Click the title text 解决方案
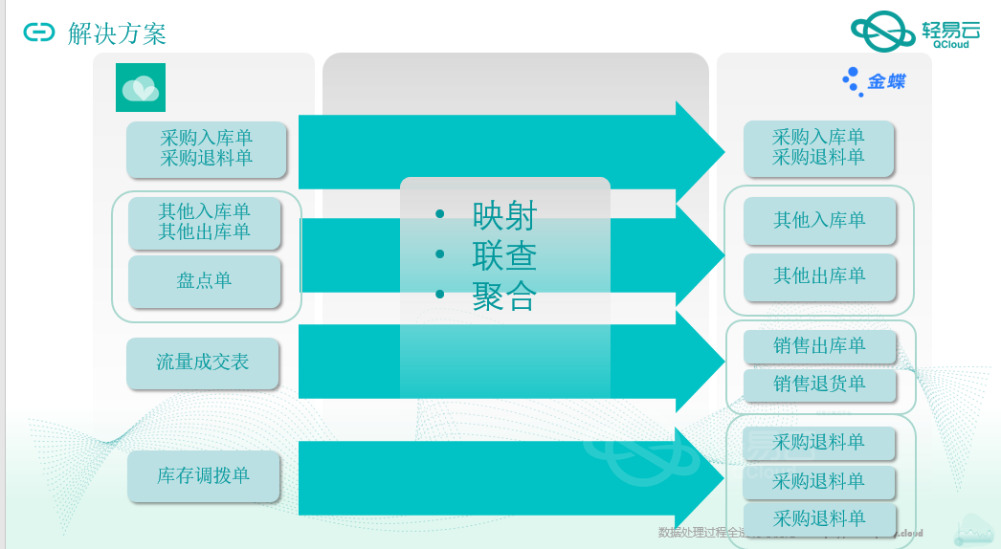(x=118, y=34)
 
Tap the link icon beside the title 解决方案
(x=39, y=33)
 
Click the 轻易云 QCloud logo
(x=910, y=32)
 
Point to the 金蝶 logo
(x=874, y=81)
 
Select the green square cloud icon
(x=141, y=88)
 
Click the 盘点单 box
(x=205, y=281)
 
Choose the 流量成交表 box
(x=203, y=362)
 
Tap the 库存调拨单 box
(x=204, y=476)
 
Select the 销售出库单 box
(x=819, y=346)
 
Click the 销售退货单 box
(x=819, y=384)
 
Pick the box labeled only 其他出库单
(x=819, y=276)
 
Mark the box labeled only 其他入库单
(x=819, y=221)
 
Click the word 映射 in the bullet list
(x=504, y=216)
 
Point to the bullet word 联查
(x=504, y=256)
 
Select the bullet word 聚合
(x=504, y=296)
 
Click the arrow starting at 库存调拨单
(x=498, y=478)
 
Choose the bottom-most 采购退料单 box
(x=819, y=518)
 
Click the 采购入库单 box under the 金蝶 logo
(x=819, y=147)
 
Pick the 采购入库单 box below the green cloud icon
(x=207, y=148)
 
